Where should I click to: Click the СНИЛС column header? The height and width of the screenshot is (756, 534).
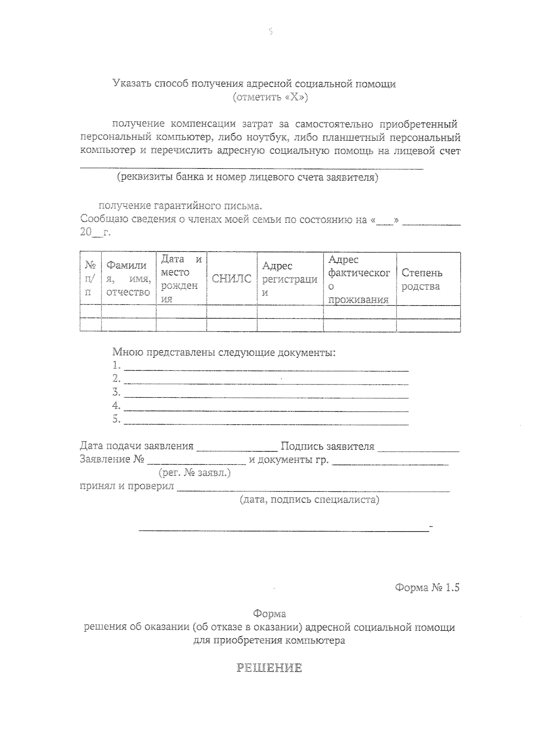(231, 279)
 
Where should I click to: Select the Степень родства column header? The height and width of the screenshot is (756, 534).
(422, 279)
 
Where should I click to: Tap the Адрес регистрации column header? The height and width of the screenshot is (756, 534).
(290, 279)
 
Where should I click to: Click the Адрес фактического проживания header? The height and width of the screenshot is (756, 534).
(359, 279)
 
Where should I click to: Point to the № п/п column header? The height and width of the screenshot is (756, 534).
(90, 279)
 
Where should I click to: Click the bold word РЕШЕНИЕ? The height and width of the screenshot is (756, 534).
(269, 668)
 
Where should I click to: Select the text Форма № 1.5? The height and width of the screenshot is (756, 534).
(426, 587)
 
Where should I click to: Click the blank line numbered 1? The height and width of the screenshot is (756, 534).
(266, 369)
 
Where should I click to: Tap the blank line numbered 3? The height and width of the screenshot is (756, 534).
(266, 396)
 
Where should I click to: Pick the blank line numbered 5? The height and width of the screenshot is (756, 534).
(266, 423)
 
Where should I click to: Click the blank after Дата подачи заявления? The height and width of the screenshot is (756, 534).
(237, 449)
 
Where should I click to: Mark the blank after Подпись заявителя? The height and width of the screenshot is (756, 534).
(418, 449)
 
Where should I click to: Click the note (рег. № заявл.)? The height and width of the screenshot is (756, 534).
(194, 473)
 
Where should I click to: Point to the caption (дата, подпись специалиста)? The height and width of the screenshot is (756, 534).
(309, 499)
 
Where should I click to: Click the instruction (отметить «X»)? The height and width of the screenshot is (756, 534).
(270, 97)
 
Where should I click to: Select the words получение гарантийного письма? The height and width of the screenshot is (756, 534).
(180, 206)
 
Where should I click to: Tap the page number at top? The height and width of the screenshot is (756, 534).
(270, 32)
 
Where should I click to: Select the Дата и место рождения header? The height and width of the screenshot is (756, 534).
(181, 279)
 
